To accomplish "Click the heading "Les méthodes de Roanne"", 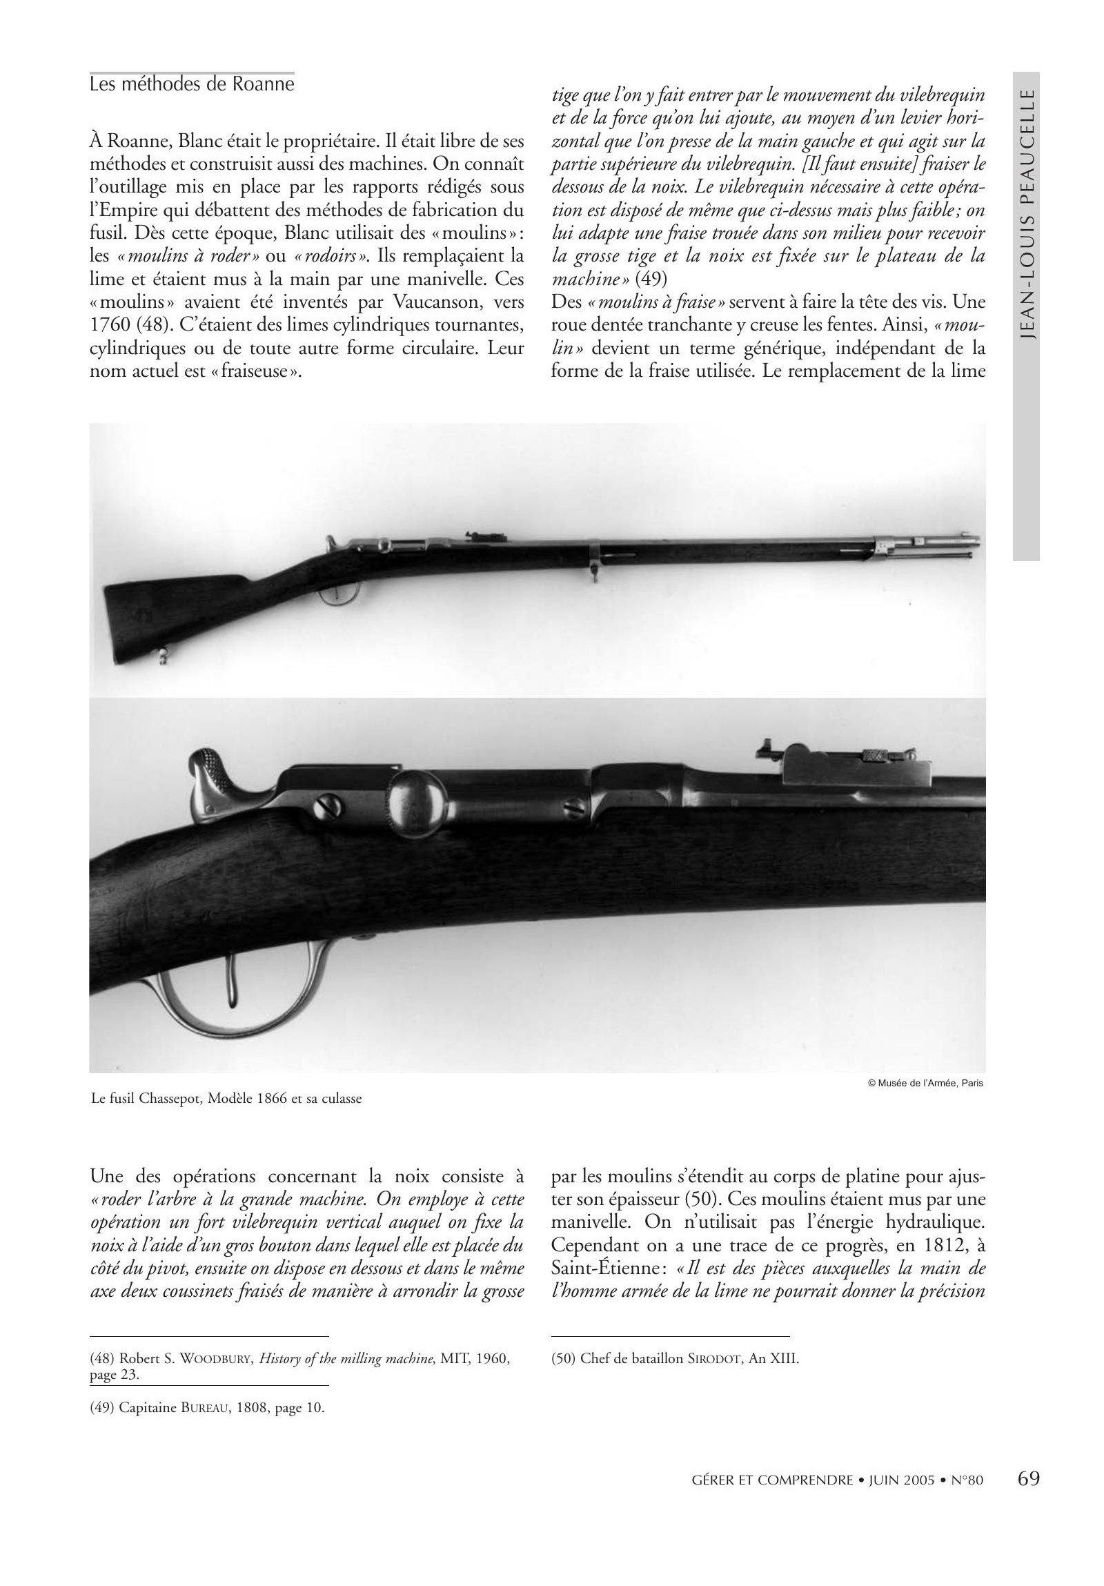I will coord(192,84).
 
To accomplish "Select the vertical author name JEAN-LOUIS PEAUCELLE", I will coord(1027,214).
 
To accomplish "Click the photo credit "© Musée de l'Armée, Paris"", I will coord(925,1082).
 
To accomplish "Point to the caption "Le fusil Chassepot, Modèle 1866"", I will coord(226,1097).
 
